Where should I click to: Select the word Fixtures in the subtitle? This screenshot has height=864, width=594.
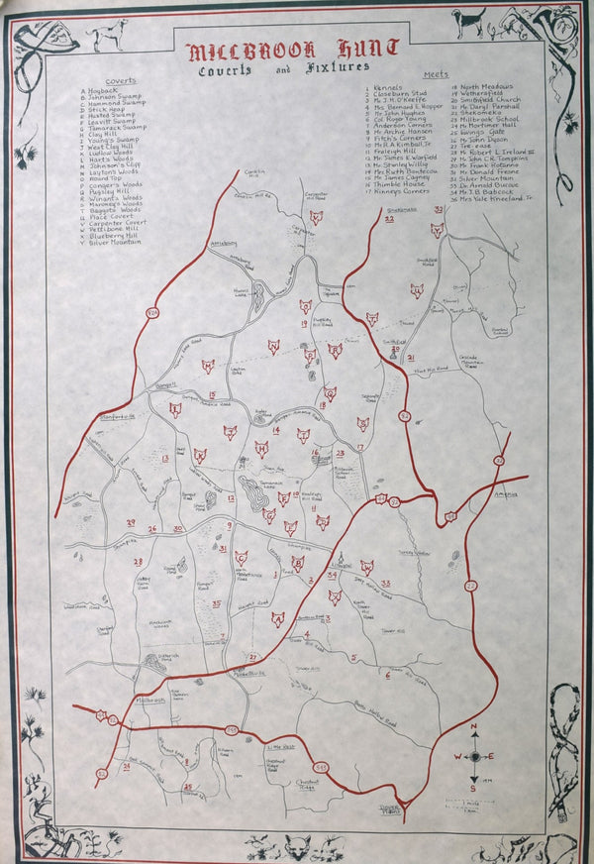(337, 67)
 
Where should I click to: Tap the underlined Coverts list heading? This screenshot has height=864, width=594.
(123, 80)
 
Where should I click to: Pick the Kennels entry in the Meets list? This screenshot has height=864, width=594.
(388, 87)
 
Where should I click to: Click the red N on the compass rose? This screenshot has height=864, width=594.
(475, 728)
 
